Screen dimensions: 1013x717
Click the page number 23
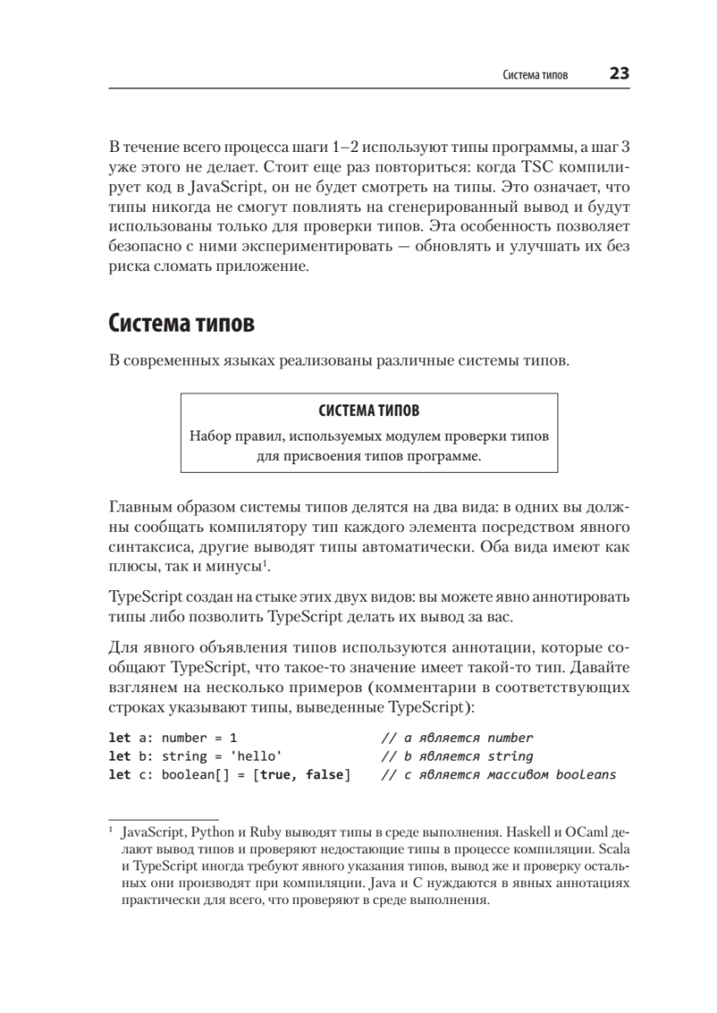pos(619,74)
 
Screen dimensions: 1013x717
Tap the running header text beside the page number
pos(535,75)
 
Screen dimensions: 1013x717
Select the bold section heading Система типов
pos(182,323)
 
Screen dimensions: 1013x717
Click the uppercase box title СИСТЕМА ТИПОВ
pos(369,412)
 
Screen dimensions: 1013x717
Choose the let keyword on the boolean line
pos(120,775)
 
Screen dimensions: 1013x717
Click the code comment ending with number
pos(457,738)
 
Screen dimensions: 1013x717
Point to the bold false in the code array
pos(324,775)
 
